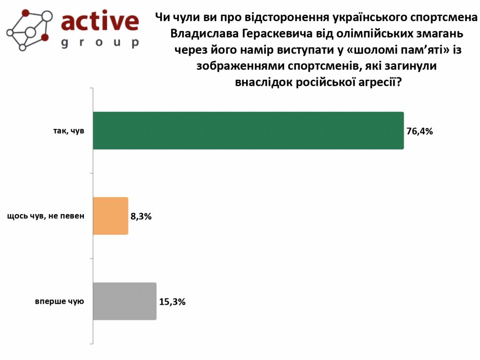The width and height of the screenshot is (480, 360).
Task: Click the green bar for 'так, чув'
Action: click(248, 131)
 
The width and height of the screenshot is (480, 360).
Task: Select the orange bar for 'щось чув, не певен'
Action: click(111, 216)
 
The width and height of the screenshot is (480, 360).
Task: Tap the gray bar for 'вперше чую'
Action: click(125, 301)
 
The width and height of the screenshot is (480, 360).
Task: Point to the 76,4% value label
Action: click(420, 131)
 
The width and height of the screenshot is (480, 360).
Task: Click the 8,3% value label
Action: click(141, 217)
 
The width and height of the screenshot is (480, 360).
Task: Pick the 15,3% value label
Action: click(172, 302)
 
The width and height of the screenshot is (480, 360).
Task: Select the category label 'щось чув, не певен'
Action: click(46, 217)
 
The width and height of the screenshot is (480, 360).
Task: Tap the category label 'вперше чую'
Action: click(60, 301)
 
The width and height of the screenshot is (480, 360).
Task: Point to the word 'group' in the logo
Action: click(100, 43)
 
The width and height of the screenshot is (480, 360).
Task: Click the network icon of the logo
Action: click(29, 29)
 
